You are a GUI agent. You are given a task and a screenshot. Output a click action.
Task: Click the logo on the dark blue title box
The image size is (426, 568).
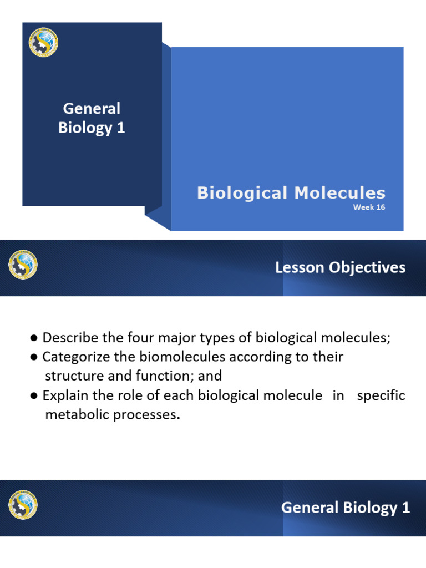pos(43,43)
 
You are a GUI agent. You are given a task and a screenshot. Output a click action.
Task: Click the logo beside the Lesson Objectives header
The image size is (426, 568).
pos(23,265)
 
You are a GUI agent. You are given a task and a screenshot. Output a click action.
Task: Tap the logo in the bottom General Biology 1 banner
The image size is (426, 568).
pos(23,505)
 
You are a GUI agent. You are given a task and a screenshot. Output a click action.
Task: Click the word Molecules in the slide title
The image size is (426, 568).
pos(340,193)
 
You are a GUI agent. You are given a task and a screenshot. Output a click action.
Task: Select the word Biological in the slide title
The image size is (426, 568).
pos(243,193)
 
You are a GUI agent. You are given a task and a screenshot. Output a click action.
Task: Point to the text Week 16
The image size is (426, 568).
pos(369,207)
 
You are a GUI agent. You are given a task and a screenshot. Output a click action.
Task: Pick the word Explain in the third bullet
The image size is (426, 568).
pos(63,395)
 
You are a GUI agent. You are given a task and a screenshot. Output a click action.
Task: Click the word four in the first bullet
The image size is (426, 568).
pos(128,338)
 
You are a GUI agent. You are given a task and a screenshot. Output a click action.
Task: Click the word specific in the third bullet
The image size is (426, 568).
pos(381,395)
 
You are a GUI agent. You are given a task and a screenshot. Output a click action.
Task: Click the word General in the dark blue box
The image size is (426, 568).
pos(92,108)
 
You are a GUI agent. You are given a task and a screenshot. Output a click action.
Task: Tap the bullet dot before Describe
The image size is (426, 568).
pos(34,338)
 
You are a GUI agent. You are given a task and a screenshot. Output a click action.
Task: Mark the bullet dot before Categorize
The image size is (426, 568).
pos(34,357)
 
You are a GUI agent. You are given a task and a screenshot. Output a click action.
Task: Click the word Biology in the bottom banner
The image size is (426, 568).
pos(364,508)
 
